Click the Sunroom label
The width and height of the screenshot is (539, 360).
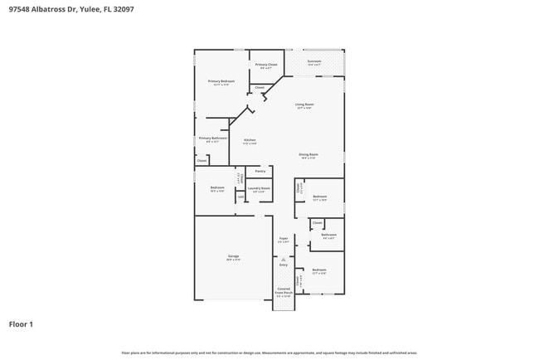coord(314,61)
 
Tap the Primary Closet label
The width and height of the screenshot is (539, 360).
coord(266,64)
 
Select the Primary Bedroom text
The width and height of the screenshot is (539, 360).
coord(221,81)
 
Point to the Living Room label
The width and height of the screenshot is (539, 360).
coord(303,105)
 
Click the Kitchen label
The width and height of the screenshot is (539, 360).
coord(250,140)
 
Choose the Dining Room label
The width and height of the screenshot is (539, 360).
coord(308,154)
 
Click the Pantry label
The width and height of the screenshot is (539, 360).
coord(260,172)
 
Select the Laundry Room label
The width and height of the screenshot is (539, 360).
coord(259,188)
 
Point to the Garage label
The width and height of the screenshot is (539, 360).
coord(234,256)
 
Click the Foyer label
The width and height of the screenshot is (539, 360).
coord(284,238)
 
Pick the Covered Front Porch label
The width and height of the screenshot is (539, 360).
coord(284,290)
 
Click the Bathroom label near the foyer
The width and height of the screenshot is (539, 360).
coord(328,235)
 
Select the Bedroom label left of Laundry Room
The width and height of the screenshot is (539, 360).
coord(217,187)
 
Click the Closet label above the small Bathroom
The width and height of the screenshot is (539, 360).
coord(318,222)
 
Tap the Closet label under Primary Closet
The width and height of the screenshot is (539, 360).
coord(260,86)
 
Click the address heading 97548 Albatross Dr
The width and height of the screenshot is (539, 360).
coord(71,9)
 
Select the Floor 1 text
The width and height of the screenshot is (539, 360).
coord(21,324)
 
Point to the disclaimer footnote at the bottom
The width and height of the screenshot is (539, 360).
coord(269,353)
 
